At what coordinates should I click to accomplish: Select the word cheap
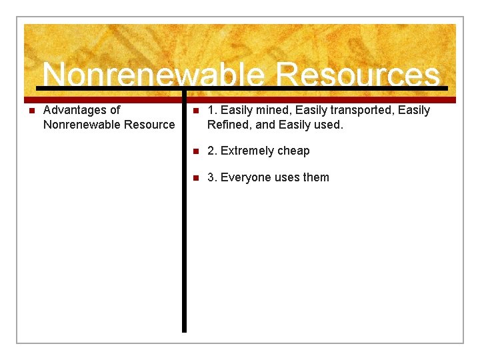tap(294, 151)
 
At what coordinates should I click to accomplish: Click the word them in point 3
tap(316, 177)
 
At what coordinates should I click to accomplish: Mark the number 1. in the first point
tap(212, 110)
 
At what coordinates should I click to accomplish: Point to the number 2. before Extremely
tap(212, 151)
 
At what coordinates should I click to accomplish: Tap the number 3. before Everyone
tap(212, 177)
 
